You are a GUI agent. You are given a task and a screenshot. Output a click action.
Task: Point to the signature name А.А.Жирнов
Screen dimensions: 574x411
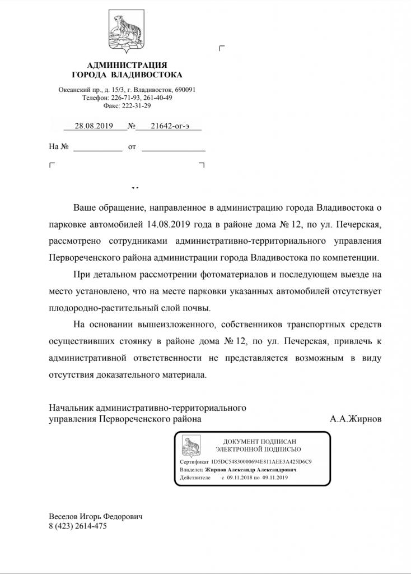(x=356, y=419)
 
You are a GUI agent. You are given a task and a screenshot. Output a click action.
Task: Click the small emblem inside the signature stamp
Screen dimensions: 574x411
(x=191, y=446)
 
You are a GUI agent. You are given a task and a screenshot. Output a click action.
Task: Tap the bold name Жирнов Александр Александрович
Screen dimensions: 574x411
(x=251, y=469)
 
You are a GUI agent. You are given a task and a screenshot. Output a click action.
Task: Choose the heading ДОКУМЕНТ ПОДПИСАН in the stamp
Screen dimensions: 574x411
(x=258, y=442)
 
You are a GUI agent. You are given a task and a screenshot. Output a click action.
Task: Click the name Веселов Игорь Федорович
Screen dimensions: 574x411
(x=95, y=516)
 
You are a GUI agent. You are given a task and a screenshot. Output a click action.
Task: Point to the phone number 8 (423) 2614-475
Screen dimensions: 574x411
(x=77, y=526)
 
